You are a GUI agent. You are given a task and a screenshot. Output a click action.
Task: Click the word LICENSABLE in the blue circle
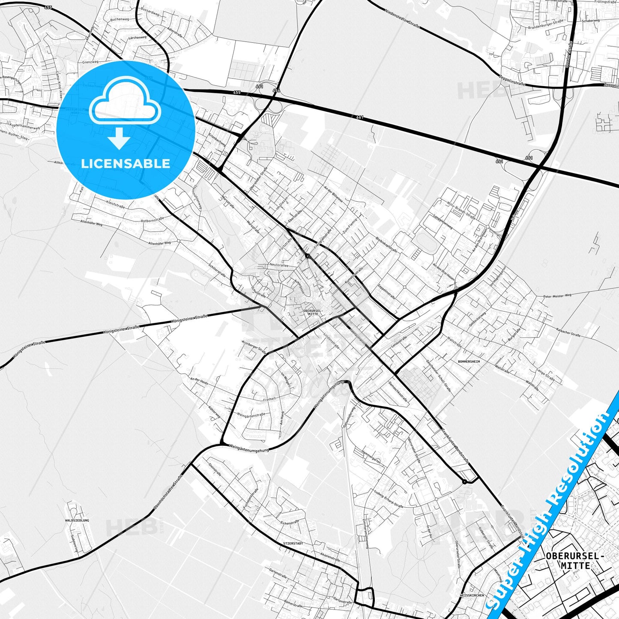pyautogui.click(x=126, y=163)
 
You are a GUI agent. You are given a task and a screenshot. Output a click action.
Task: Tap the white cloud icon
pyautogui.click(x=126, y=103)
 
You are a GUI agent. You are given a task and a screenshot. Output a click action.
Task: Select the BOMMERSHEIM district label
pyautogui.click(x=469, y=362)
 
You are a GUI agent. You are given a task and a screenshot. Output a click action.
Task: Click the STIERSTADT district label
pyautogui.click(x=293, y=543)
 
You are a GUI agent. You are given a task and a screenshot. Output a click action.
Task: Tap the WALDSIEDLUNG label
pyautogui.click(x=77, y=520)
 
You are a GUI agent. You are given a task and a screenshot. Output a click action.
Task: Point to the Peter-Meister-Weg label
pyautogui.click(x=557, y=296)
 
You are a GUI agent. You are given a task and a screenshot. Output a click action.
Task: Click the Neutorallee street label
pyautogui.click(x=279, y=265)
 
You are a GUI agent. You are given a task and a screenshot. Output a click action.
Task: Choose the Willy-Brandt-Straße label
pyautogui.click(x=461, y=210)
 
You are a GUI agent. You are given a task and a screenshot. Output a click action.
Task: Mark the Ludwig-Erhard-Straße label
pyautogui.click(x=389, y=499)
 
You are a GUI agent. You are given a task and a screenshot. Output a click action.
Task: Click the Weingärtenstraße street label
pyautogui.click(x=251, y=415)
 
